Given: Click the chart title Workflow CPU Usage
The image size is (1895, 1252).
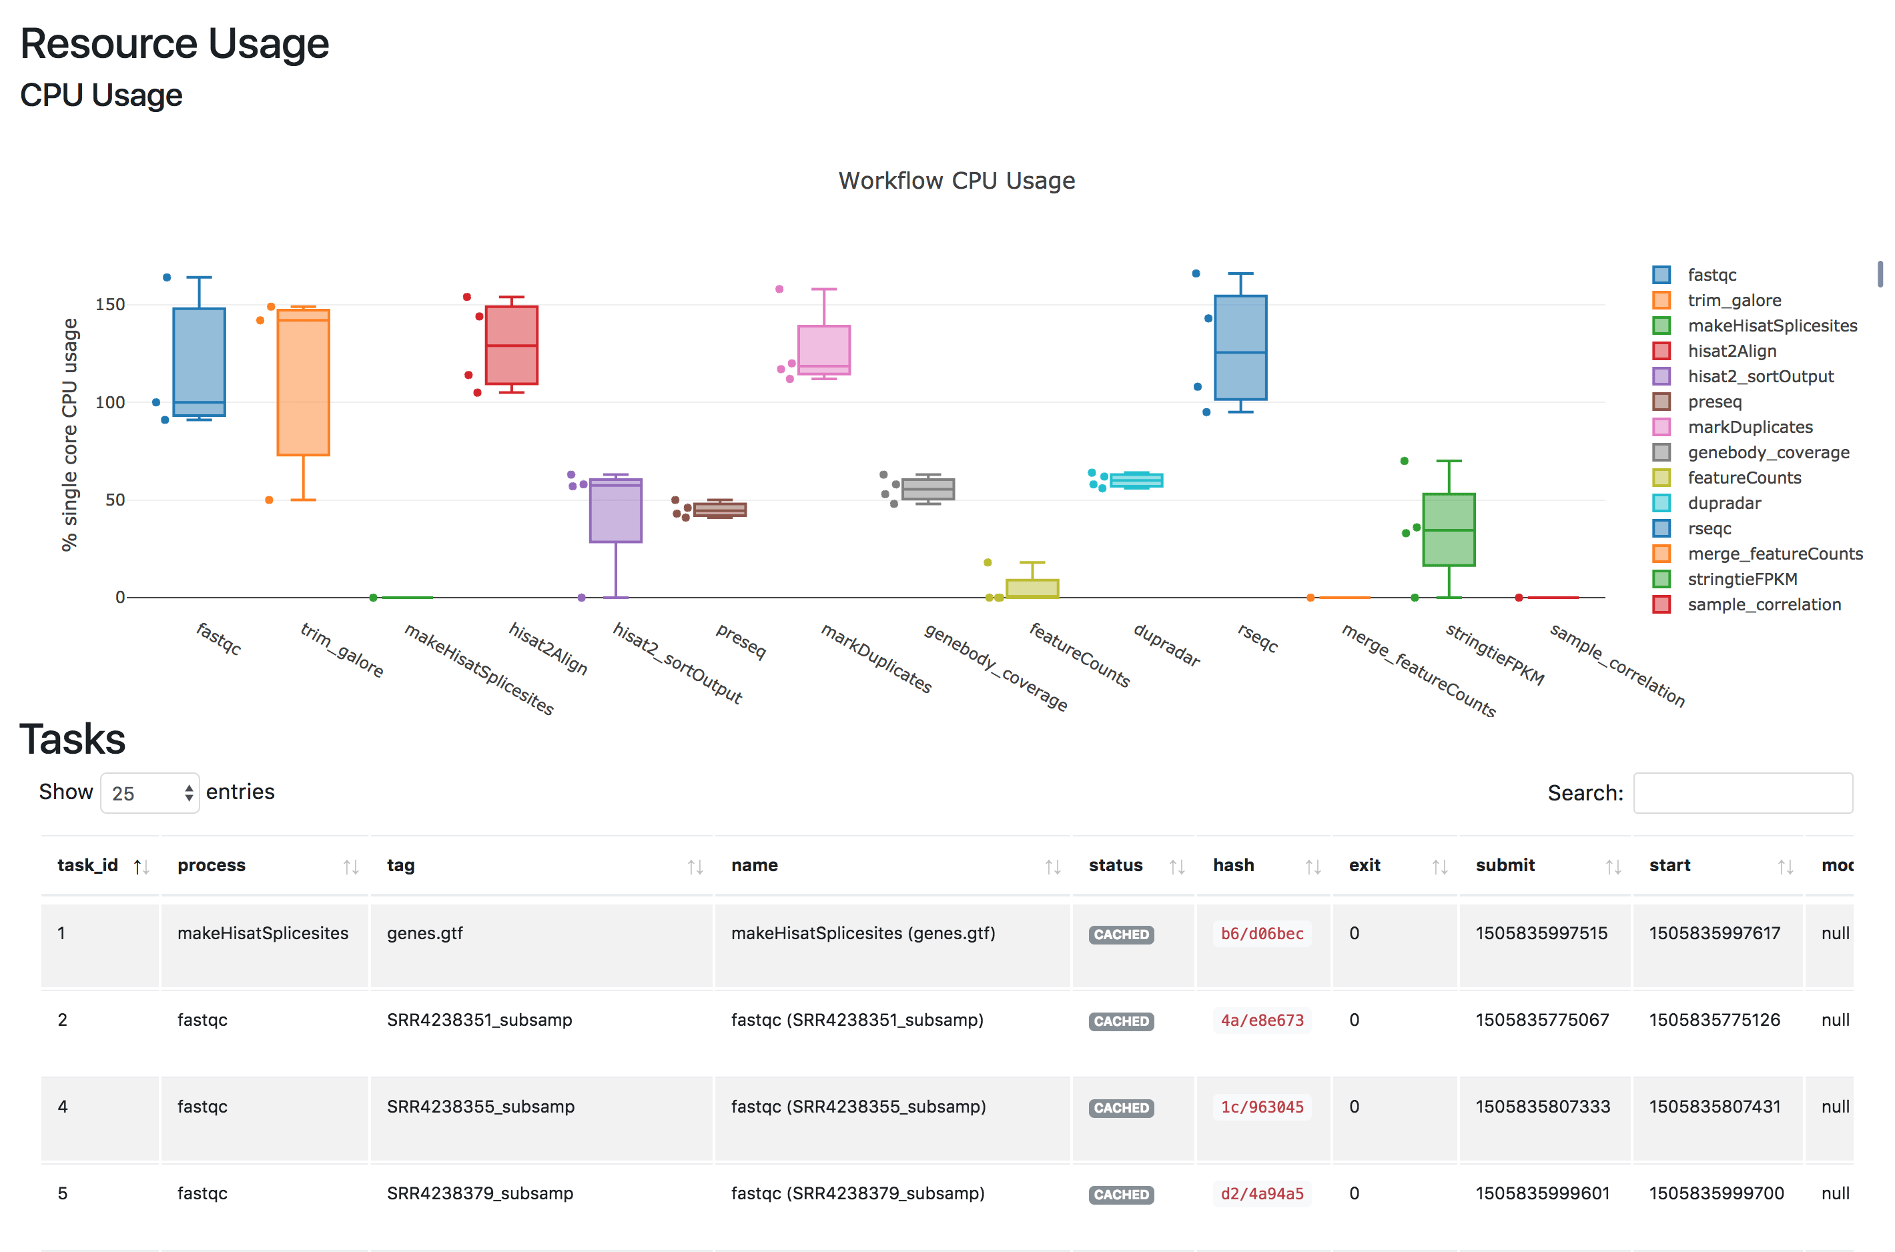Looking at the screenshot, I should (956, 181).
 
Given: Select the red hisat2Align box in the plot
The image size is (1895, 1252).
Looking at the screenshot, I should (511, 345).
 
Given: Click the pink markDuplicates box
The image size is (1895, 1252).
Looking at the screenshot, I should (823, 349).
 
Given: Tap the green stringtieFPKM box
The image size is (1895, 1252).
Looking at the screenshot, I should (1448, 530).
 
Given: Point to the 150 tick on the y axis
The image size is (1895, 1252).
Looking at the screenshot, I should (110, 304).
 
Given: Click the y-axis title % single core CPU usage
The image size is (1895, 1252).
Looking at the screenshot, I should (69, 434).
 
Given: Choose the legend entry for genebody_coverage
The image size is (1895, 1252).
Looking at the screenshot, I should (1768, 453).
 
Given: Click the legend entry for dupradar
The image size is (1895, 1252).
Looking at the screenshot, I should (1724, 503).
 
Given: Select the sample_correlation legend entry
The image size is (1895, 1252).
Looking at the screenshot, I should (1764, 604).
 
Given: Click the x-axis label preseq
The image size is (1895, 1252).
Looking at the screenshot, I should (740, 641).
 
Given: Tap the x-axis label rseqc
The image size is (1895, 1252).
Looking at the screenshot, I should (1258, 638).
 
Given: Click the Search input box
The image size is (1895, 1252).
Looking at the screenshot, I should (1742, 793).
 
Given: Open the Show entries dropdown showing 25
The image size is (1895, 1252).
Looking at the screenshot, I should (150, 793).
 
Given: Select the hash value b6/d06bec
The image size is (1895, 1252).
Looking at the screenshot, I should (1261, 933).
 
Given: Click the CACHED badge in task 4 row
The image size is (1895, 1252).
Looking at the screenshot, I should (1120, 1107).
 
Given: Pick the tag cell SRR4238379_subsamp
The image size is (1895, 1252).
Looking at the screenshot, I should (480, 1193).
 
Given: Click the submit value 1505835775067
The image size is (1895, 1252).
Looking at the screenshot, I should (1541, 1020).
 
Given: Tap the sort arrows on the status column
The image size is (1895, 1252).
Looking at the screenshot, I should (1176, 866).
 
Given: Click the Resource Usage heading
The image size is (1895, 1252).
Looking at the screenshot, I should (174, 44).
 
